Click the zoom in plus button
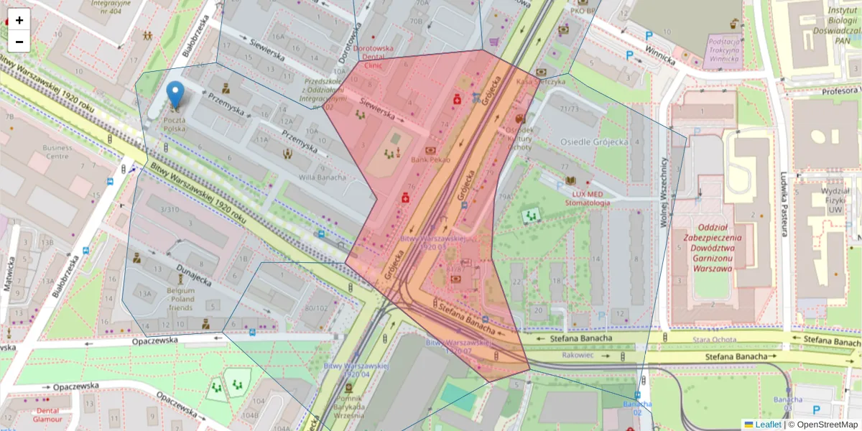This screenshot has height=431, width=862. pos(19,20)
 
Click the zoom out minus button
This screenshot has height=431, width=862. pos(19,42)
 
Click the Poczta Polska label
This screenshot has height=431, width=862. pos(175,124)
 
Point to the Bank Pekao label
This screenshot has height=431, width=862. pos(430,160)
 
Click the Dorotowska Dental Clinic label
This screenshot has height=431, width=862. pos(373,57)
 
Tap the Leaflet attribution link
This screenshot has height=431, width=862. pos(768,425)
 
